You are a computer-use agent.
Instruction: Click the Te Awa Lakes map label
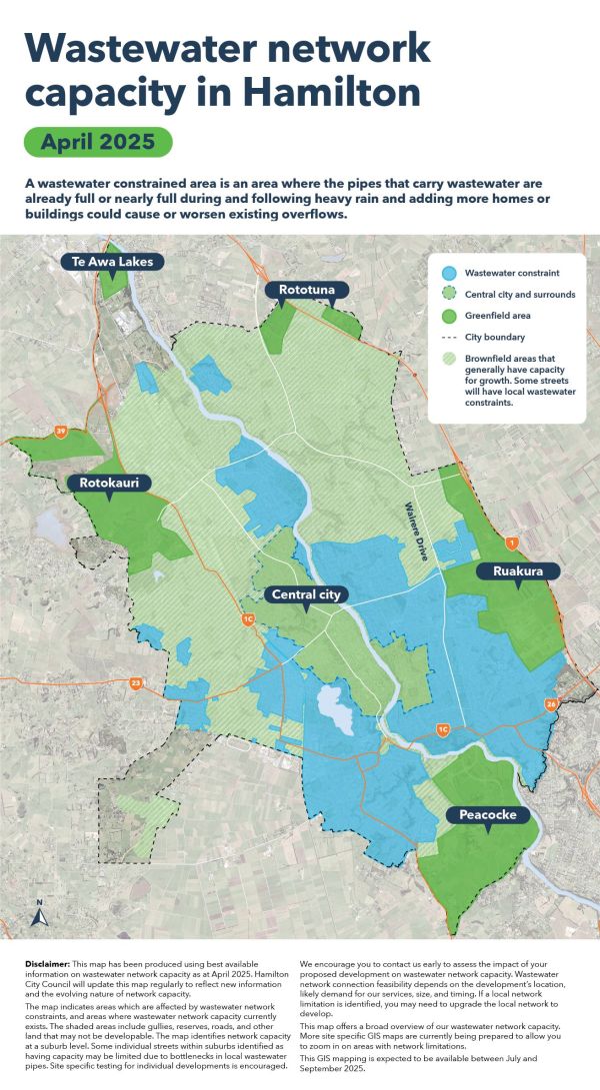pyautogui.click(x=111, y=262)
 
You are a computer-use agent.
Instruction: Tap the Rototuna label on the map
pyautogui.click(x=307, y=290)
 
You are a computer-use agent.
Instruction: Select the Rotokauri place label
pyautogui.click(x=110, y=483)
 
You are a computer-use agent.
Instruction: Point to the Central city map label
pyautogui.click(x=307, y=594)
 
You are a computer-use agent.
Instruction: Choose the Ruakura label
pyautogui.click(x=518, y=571)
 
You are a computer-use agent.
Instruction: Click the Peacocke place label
pyautogui.click(x=488, y=815)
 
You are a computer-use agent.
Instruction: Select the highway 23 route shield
pyautogui.click(x=135, y=683)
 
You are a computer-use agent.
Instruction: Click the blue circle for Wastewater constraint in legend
pyautogui.click(x=449, y=272)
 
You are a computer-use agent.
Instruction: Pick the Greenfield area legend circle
pyautogui.click(x=449, y=316)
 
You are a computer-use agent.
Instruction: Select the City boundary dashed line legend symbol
pyautogui.click(x=449, y=338)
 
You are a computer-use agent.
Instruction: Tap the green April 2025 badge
pyautogui.click(x=98, y=141)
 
